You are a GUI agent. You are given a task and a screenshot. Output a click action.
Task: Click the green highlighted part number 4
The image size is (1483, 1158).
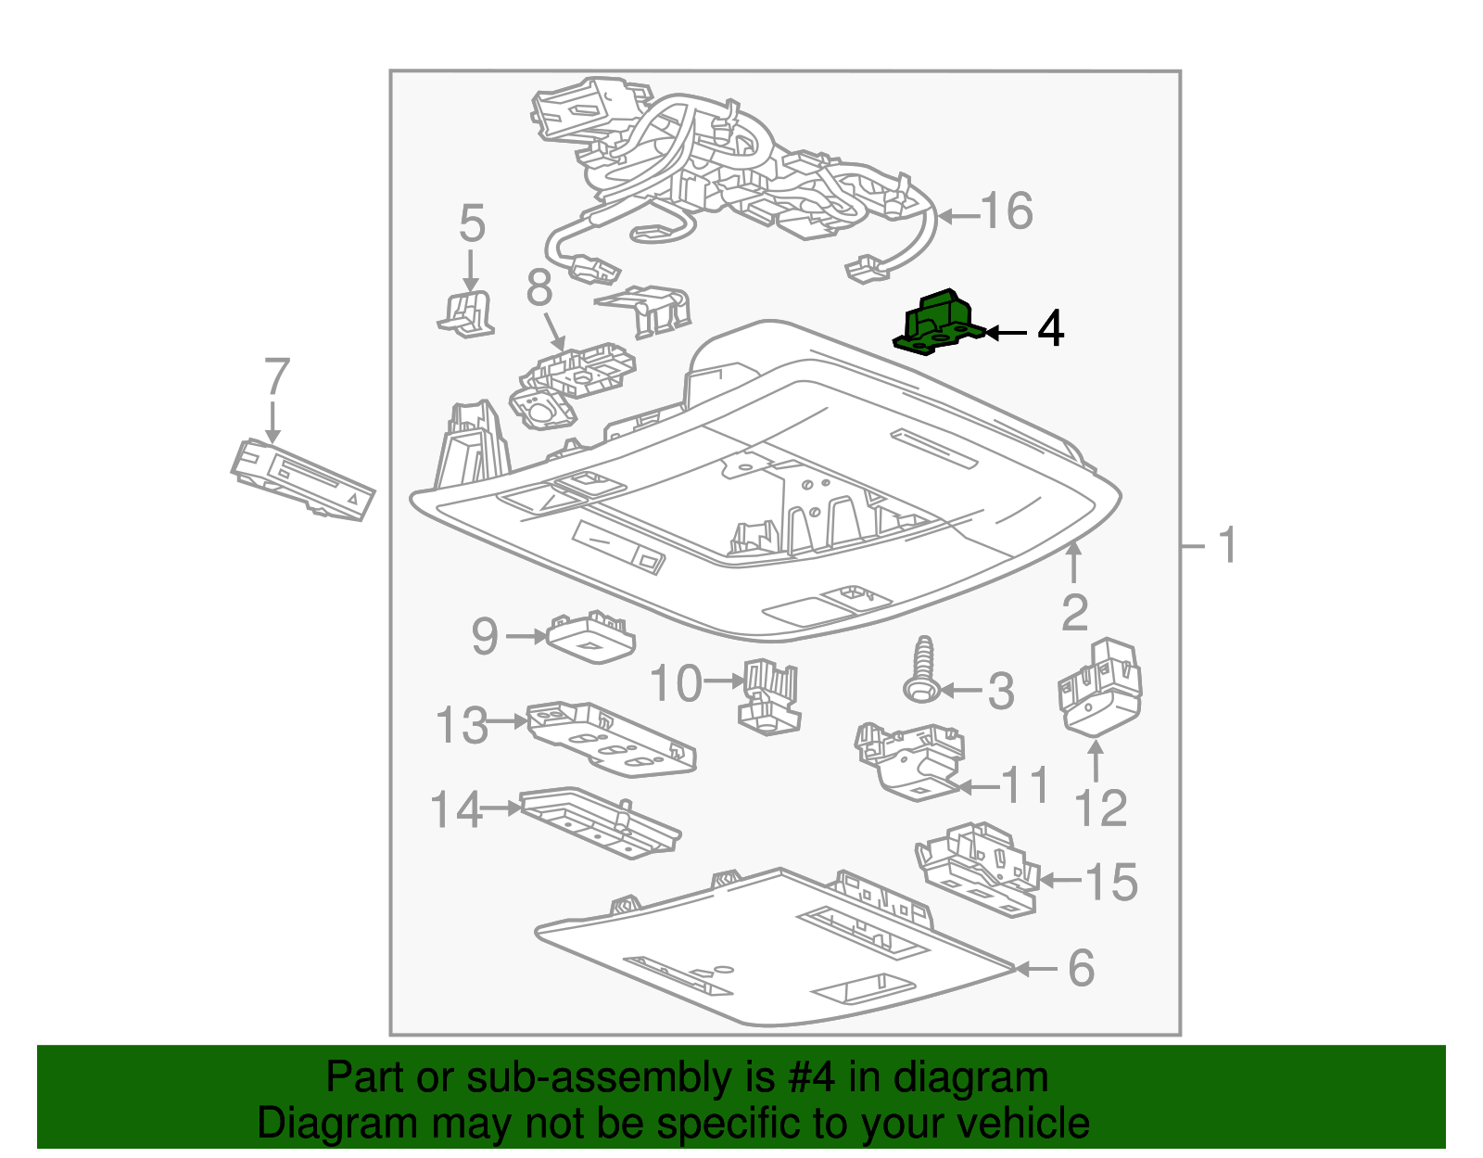point(937,324)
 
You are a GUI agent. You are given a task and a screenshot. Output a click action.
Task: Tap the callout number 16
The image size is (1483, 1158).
point(1007,211)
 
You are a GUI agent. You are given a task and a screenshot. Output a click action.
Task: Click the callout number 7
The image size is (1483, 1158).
point(276,377)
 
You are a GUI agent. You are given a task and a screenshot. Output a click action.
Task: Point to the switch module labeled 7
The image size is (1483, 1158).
point(302,479)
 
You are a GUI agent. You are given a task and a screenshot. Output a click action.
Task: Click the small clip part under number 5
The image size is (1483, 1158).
point(467,313)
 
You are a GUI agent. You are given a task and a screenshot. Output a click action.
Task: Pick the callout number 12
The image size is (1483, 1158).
point(1100,808)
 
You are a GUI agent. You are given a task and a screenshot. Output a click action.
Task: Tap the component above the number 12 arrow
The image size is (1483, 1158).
point(1099,687)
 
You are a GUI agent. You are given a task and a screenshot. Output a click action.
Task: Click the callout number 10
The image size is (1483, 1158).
point(676,684)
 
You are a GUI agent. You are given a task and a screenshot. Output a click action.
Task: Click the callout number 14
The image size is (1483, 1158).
point(456,809)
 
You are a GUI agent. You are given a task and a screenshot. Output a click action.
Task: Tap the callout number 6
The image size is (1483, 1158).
point(1081,969)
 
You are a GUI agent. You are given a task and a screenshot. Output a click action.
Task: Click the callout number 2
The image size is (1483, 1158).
point(1074,614)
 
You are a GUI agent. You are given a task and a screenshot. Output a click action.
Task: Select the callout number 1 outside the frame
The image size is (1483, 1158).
point(1227,545)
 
